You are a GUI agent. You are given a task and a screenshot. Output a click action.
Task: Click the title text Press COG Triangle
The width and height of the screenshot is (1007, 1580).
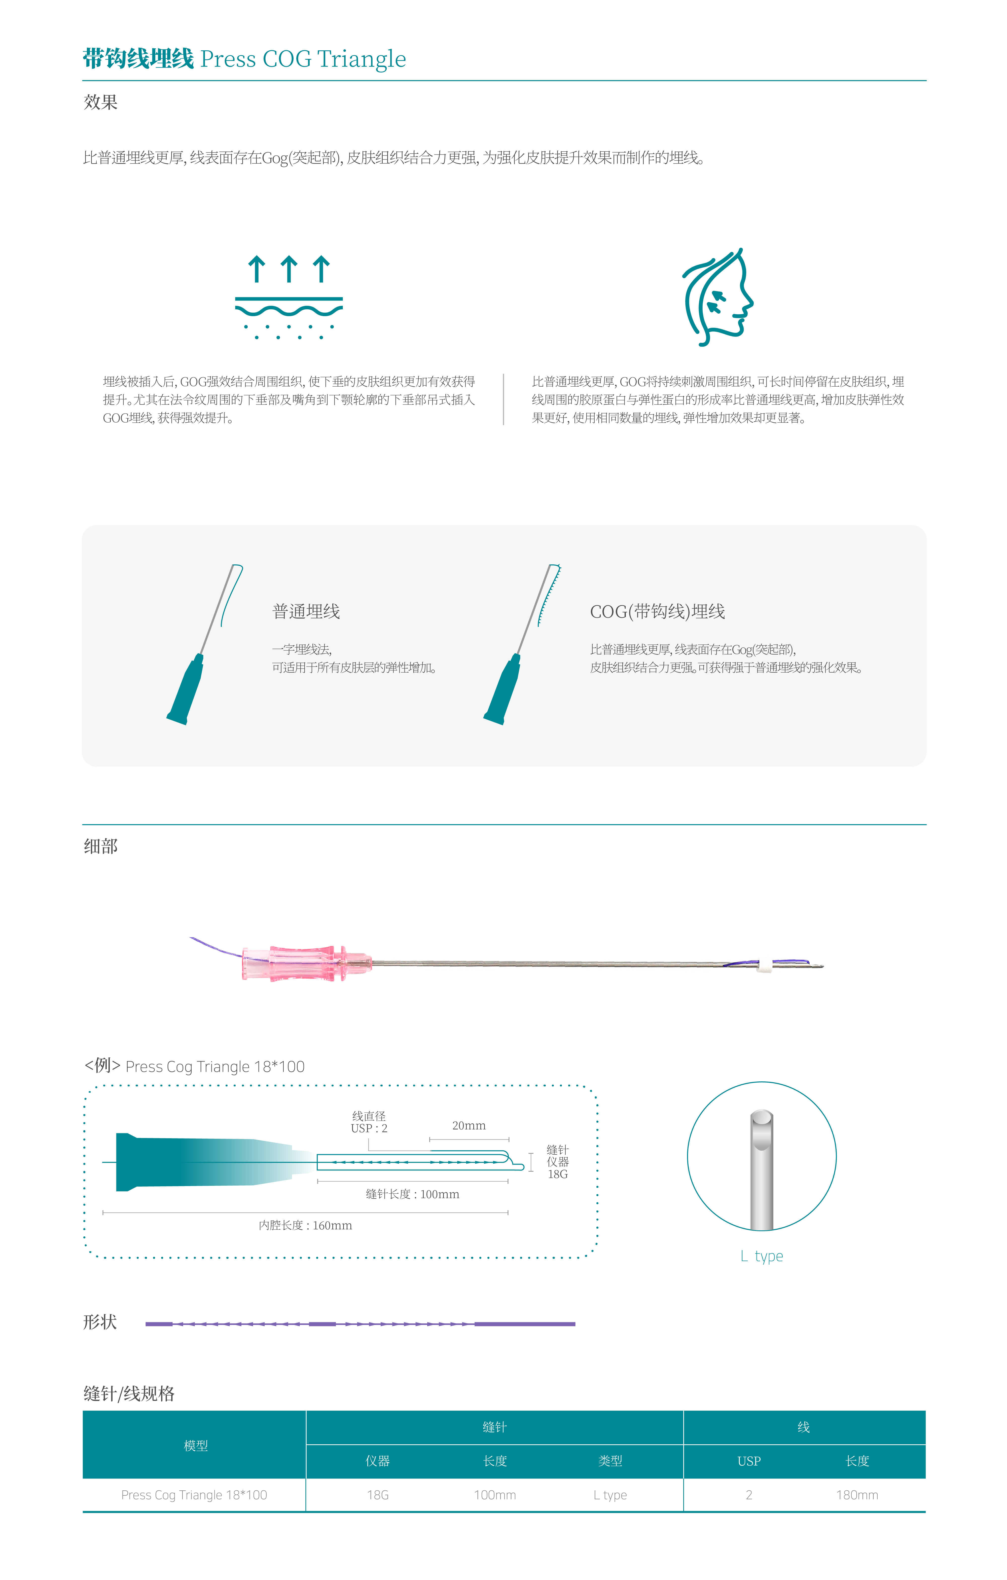pyautogui.click(x=303, y=59)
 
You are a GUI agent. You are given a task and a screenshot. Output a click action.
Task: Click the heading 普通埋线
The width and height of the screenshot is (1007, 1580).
pyautogui.click(x=306, y=611)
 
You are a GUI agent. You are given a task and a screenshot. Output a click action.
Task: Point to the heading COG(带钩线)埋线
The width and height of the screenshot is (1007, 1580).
pyautogui.click(x=657, y=611)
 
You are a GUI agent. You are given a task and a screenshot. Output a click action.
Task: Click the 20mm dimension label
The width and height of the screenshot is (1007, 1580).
pyautogui.click(x=469, y=1125)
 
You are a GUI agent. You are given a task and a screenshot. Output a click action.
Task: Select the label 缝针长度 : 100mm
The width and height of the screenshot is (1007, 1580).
pyautogui.click(x=412, y=1194)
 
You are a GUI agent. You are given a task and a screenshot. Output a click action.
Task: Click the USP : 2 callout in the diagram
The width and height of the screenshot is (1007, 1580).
pyautogui.click(x=369, y=1129)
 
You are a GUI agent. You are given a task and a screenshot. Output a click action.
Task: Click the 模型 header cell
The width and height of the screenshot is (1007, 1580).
pyautogui.click(x=196, y=1446)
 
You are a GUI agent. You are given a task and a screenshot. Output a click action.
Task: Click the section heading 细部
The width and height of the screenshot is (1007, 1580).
pyautogui.click(x=100, y=847)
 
